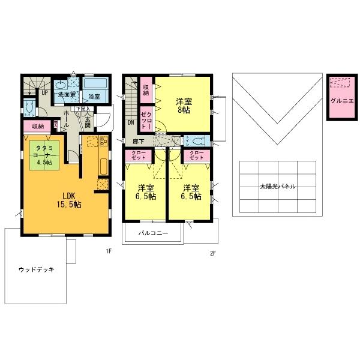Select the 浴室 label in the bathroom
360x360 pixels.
pos(94,96)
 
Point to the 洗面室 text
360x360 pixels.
pos(65,95)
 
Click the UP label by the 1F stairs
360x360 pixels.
pos(45,93)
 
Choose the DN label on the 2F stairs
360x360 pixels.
pos(130,122)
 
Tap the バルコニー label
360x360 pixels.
pos(154,233)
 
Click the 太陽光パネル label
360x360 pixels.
pos(277,187)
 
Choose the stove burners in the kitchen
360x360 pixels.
pos(102,142)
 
